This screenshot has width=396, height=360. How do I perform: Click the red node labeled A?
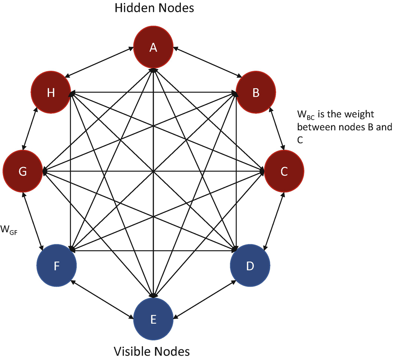(153, 47)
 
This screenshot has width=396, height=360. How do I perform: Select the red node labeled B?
(256, 92)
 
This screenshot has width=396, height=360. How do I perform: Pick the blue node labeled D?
(250, 266)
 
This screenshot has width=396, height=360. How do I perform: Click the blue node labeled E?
(153, 318)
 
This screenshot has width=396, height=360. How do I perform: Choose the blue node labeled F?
(56, 266)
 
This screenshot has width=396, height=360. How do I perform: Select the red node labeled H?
(51, 92)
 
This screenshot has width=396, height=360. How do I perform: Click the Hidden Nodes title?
(154, 8)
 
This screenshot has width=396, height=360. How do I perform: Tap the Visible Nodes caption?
(151, 351)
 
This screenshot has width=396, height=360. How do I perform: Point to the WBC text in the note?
(305, 113)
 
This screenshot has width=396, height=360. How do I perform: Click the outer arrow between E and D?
(204, 298)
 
